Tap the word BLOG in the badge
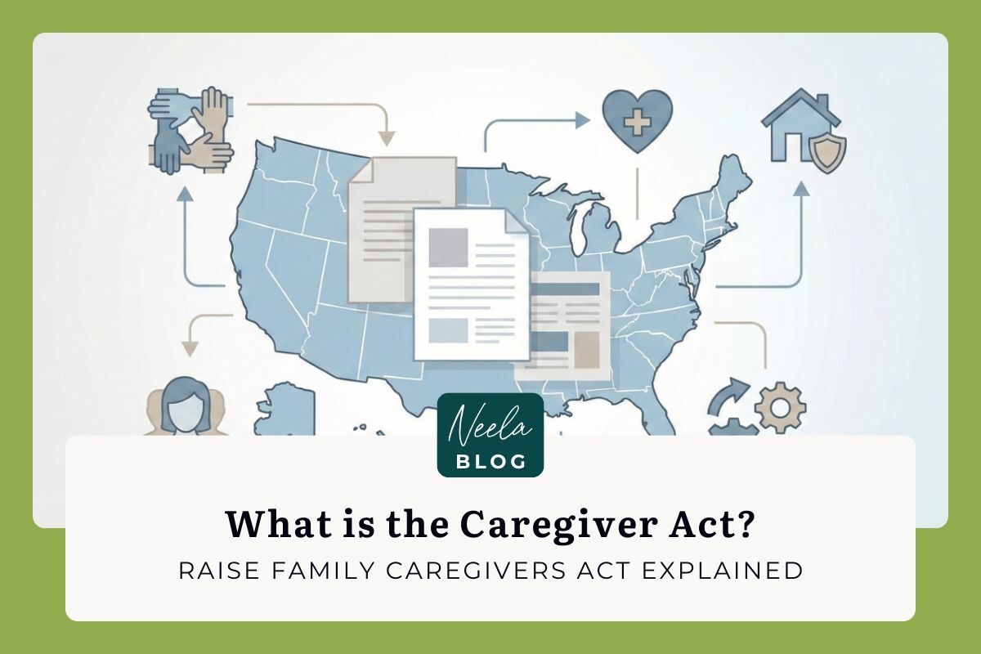490,461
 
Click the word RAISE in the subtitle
211,571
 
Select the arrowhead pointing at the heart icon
581,121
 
